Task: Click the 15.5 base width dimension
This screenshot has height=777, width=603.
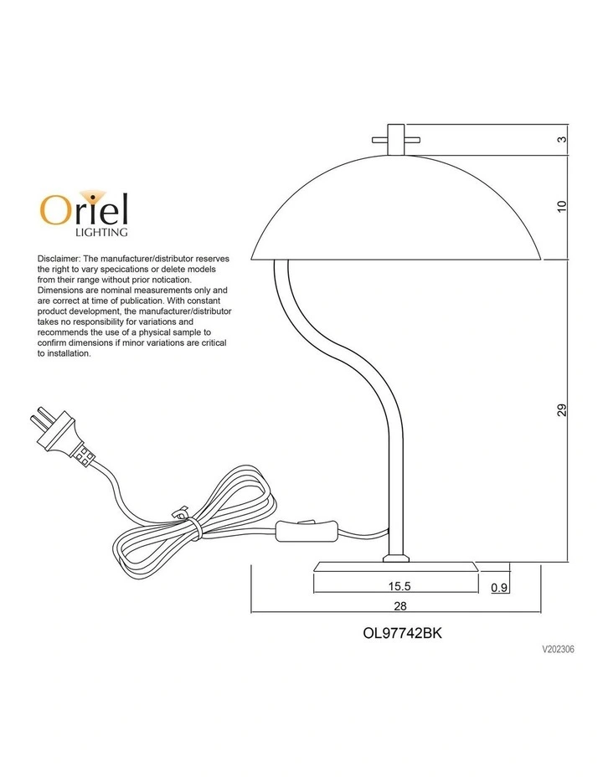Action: [399, 586]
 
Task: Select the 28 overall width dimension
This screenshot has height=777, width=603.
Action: [400, 605]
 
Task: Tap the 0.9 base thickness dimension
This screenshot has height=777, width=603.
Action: [499, 588]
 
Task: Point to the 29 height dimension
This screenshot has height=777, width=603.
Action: [561, 410]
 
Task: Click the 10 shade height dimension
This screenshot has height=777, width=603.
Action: [561, 207]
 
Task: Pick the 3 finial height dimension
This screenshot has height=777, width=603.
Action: [561, 139]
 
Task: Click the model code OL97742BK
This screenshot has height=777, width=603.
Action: [402, 633]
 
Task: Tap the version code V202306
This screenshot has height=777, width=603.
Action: [559, 649]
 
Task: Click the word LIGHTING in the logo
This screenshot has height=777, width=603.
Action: [101, 232]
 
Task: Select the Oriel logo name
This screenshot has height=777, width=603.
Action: [84, 209]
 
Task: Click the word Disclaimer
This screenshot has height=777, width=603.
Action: [59, 259]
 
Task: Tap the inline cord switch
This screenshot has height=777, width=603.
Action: [307, 531]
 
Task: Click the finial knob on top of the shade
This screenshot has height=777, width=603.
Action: [396, 140]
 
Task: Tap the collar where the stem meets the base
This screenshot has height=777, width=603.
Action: [396, 558]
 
